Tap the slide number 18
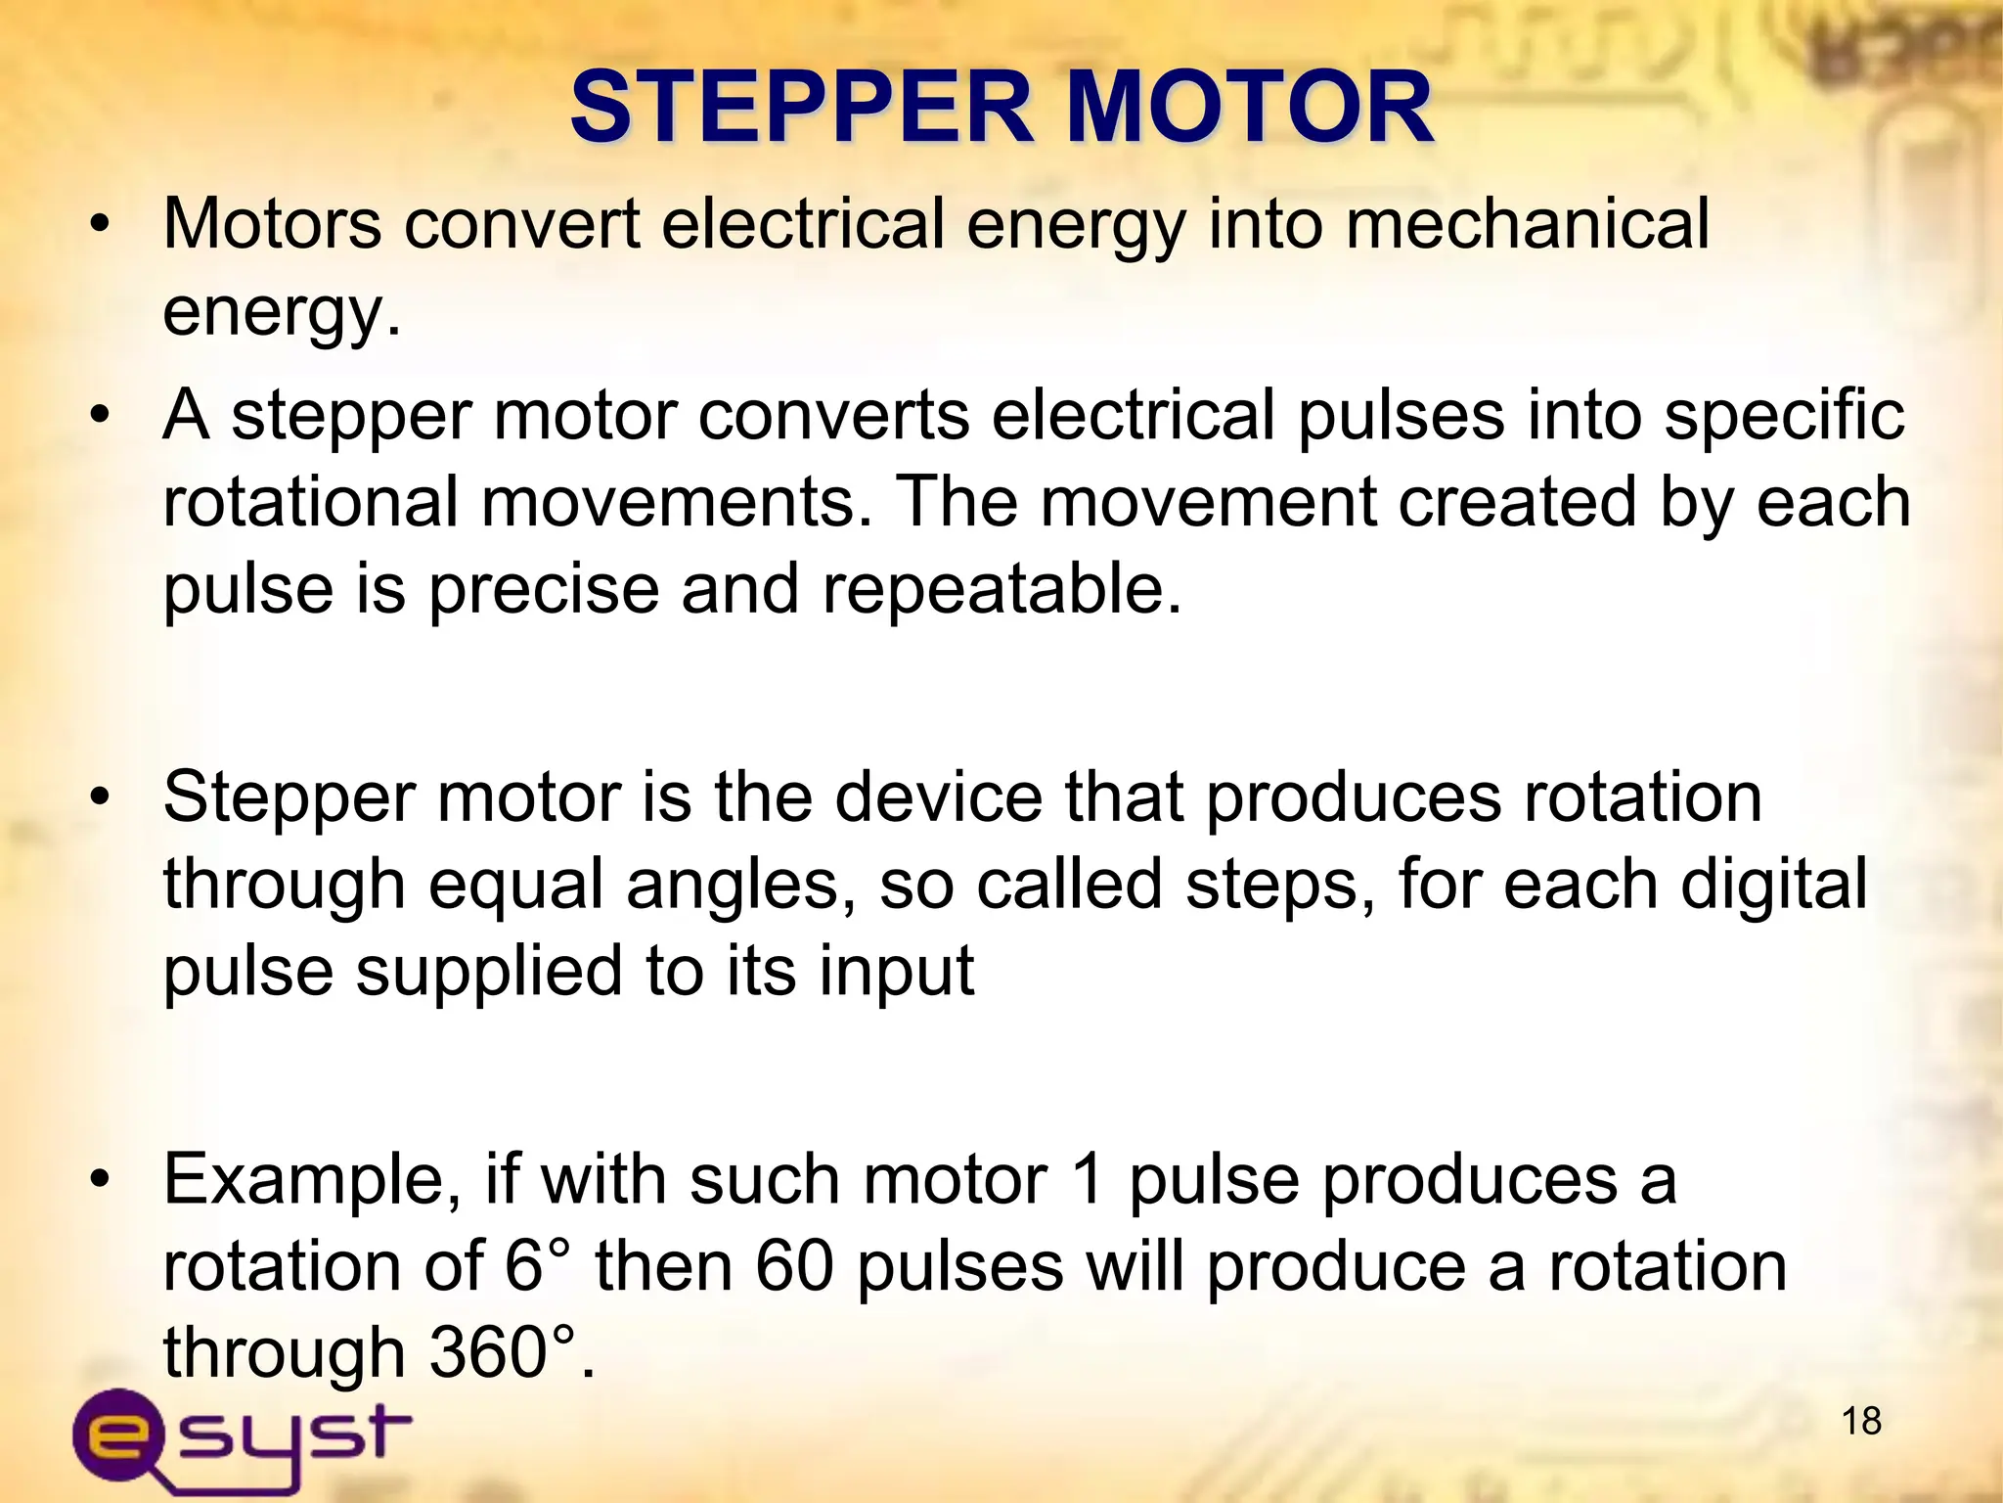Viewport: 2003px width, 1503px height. click(1861, 1421)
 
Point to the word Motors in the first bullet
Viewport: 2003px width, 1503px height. click(272, 224)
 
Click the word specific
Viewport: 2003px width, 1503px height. click(1785, 416)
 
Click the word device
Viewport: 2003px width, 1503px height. click(939, 797)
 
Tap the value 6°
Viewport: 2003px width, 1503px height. click(538, 1266)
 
